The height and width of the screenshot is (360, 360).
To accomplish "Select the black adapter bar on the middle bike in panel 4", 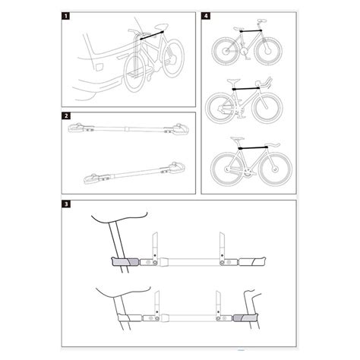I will [245, 89].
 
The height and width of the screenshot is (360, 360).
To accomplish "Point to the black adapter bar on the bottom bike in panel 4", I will [250, 144].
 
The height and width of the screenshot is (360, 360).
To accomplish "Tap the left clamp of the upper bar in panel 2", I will [79, 129].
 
